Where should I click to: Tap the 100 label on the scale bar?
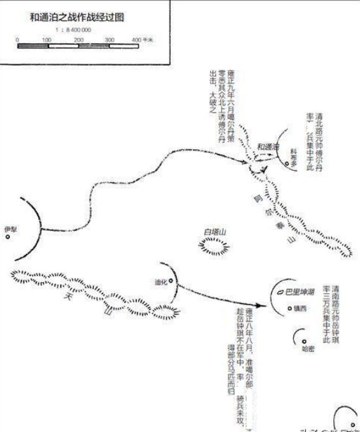[x=46, y=40]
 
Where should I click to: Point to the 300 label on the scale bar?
[x=109, y=40]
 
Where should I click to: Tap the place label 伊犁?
[x=9, y=228]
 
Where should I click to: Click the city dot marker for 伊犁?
[x=8, y=237]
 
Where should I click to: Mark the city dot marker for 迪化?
[x=171, y=281]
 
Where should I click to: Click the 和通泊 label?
[x=268, y=146]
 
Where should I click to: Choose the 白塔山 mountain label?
[x=214, y=231]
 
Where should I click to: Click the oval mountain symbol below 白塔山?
[x=214, y=246]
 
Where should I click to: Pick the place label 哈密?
[x=308, y=349]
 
